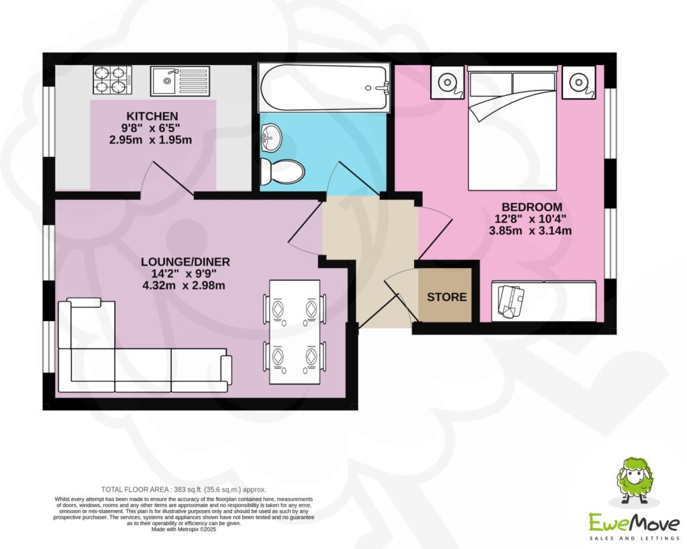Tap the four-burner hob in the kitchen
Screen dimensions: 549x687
(111, 80)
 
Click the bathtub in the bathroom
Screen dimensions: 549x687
(323, 88)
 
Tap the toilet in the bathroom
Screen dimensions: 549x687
(282, 171)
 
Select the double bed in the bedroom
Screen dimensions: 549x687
(513, 131)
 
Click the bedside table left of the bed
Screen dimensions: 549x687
(447, 82)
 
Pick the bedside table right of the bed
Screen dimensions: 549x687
(578, 82)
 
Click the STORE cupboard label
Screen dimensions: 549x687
(447, 296)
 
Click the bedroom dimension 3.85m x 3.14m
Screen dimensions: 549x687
(530, 231)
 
